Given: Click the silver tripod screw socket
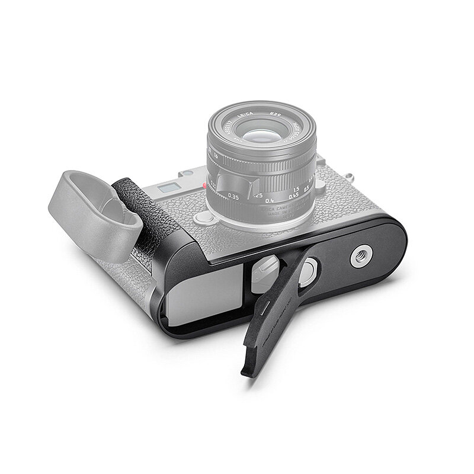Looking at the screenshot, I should [360, 257].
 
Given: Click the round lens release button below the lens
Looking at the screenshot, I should [204, 218].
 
